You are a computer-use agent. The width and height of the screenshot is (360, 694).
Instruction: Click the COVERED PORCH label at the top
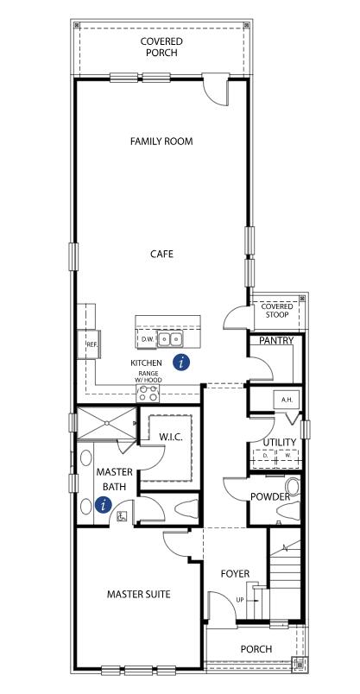pos(161,47)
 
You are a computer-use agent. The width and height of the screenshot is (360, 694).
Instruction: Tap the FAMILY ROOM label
pos(161,141)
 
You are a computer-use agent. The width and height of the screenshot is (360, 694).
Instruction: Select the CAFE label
pos(161,254)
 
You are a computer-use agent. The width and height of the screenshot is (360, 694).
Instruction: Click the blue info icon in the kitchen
pos(181,363)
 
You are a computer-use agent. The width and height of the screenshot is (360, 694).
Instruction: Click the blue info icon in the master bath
pos(104,506)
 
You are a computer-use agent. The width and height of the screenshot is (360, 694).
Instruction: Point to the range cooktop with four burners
pos(148,394)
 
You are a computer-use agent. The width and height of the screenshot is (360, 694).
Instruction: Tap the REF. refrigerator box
pos(92,344)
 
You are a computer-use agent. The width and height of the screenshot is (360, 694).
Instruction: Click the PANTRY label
pos(276,341)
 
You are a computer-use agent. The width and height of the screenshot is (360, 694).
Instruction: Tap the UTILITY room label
pos(280,442)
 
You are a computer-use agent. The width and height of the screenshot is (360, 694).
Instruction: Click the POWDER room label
pos(270,497)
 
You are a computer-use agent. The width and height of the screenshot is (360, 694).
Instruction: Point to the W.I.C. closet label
pos(170,438)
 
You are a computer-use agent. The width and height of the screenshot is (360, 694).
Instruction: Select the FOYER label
pos(235,573)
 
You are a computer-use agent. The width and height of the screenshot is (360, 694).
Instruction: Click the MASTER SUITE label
pos(138,594)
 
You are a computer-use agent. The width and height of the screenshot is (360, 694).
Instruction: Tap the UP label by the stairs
pos(240,599)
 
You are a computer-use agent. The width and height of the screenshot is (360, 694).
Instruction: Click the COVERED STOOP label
pos(277,311)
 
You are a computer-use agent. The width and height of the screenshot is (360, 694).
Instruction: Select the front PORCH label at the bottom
pos(256,649)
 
